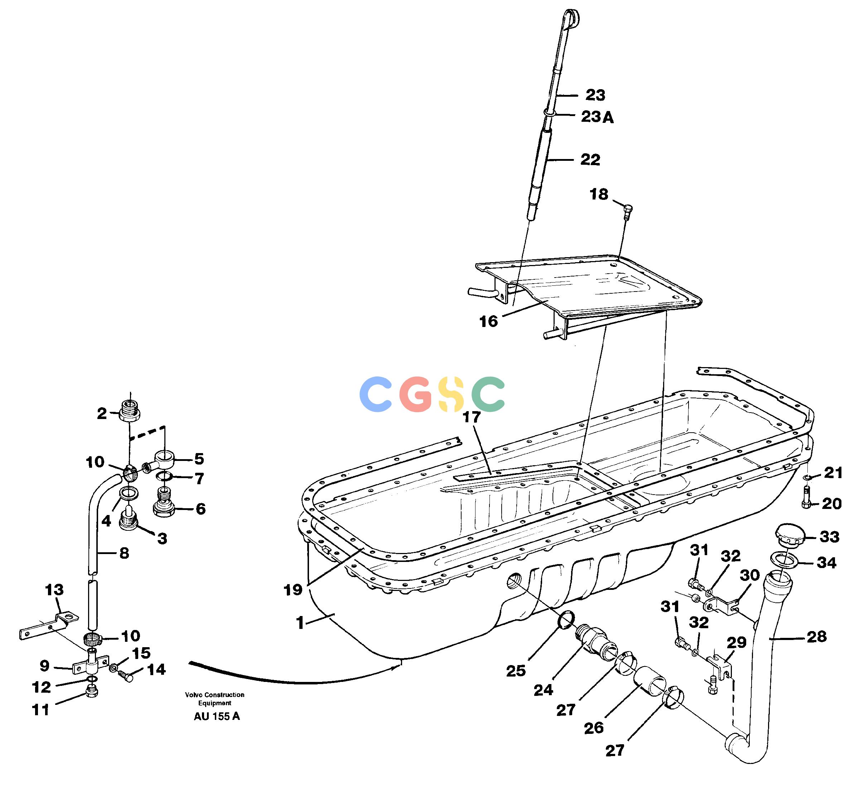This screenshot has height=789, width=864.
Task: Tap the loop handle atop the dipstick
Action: [x=571, y=19]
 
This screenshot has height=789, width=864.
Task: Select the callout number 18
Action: [x=599, y=194]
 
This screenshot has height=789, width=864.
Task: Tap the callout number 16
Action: [x=488, y=321]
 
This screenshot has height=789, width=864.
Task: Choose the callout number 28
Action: [x=816, y=636]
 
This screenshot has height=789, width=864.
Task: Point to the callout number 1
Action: [x=300, y=623]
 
